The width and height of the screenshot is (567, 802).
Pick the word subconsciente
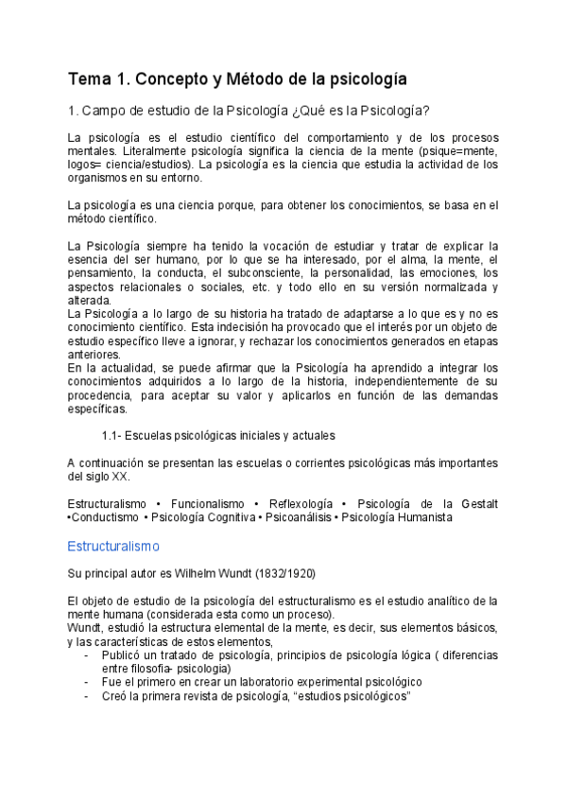coord(264,272)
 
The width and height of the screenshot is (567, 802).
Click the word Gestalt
coord(477,504)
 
